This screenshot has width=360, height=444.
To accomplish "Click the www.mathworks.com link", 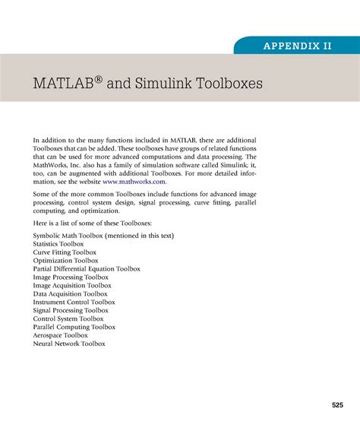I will (x=133, y=182).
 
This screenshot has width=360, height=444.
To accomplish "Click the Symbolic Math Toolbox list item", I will (x=103, y=236).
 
